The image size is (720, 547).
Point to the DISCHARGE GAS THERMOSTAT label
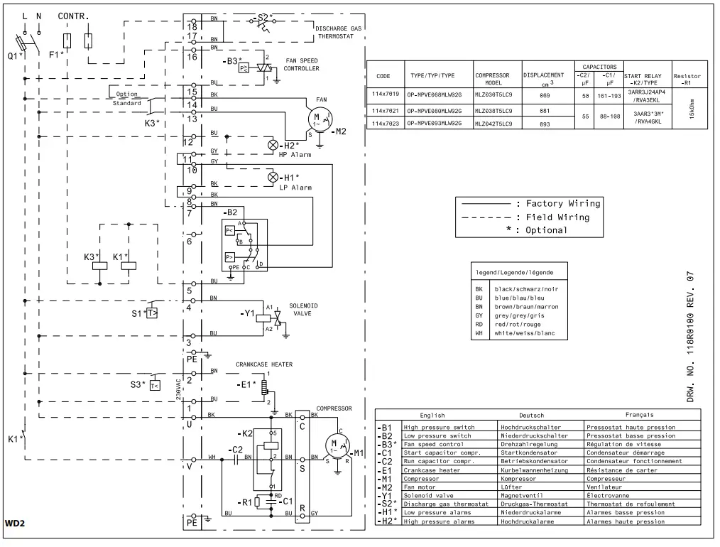click(338, 32)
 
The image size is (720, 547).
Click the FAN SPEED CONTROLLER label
click(301, 65)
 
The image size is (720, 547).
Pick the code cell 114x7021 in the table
click(385, 111)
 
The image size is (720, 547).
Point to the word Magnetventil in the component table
click(521, 495)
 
